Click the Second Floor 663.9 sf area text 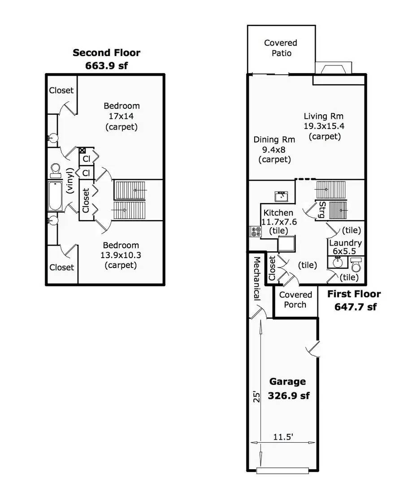click(x=107, y=59)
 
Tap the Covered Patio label click(x=281, y=48)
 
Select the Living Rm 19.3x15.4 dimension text click(x=324, y=126)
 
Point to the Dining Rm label click(x=274, y=139)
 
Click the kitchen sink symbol click(x=282, y=197)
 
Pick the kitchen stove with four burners click(x=256, y=232)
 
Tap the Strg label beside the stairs click(x=322, y=210)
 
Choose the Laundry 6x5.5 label click(x=345, y=247)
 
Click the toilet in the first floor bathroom click(x=356, y=264)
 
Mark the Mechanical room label click(x=257, y=278)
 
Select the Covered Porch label click(x=295, y=300)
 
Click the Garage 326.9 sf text click(x=288, y=389)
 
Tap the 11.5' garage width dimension click(x=283, y=437)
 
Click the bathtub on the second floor click(x=55, y=196)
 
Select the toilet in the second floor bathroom click(x=56, y=170)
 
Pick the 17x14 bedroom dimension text click(x=121, y=117)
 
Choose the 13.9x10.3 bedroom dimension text click(x=121, y=255)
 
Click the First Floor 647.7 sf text click(x=355, y=300)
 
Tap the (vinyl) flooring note click(x=70, y=181)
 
